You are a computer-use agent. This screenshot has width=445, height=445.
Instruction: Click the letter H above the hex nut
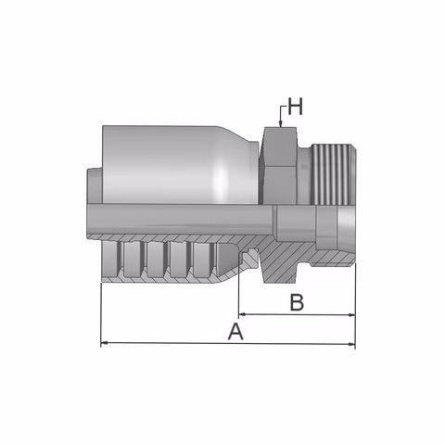click(295, 107)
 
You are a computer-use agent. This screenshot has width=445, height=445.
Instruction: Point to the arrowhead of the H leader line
click(279, 124)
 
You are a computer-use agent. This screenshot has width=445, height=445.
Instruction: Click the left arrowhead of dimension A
click(105, 344)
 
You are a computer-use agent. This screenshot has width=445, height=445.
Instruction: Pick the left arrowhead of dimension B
click(244, 314)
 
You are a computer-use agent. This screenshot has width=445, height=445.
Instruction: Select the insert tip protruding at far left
click(93, 185)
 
